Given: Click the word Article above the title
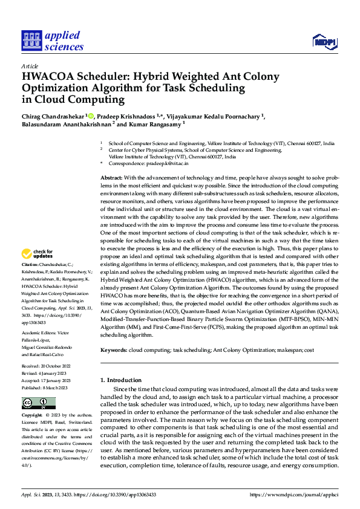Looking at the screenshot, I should pos(29,65).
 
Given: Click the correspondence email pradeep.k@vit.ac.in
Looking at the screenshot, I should pos(169,163).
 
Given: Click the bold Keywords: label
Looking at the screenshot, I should pos(114,350).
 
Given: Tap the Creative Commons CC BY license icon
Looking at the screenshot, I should pos(38,403).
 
